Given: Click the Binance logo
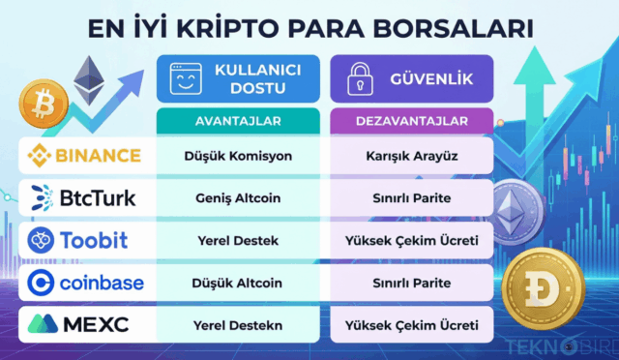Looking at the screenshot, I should [86, 155].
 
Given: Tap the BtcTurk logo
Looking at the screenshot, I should [84, 197].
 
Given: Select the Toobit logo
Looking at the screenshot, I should [85, 239].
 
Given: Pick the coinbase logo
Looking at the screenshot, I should [86, 282].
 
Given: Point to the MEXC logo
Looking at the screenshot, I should [86, 323].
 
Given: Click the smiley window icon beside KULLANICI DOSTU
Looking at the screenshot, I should [185, 78].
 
